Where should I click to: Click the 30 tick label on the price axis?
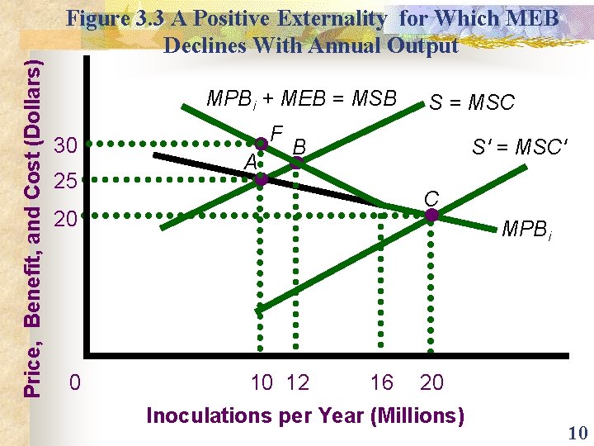pos(65,146)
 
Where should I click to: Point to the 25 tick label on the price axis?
pos(65,180)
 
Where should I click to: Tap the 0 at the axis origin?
pos(75,383)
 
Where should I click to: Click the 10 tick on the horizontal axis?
pos(262,383)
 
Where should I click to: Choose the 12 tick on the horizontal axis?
pos(298,383)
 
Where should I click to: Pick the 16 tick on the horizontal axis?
pos(382,383)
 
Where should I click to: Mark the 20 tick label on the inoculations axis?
pos(431,383)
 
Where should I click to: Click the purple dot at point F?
pos(261,145)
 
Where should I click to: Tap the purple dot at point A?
pos(261,178)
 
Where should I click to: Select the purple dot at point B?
pos(297,163)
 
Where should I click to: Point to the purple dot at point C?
pos(431,216)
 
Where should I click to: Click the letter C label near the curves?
pos(431,198)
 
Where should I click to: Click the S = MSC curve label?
pos(471,102)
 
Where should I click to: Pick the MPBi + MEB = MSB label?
pos(301,99)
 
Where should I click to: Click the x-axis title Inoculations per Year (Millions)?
pos(304,415)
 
